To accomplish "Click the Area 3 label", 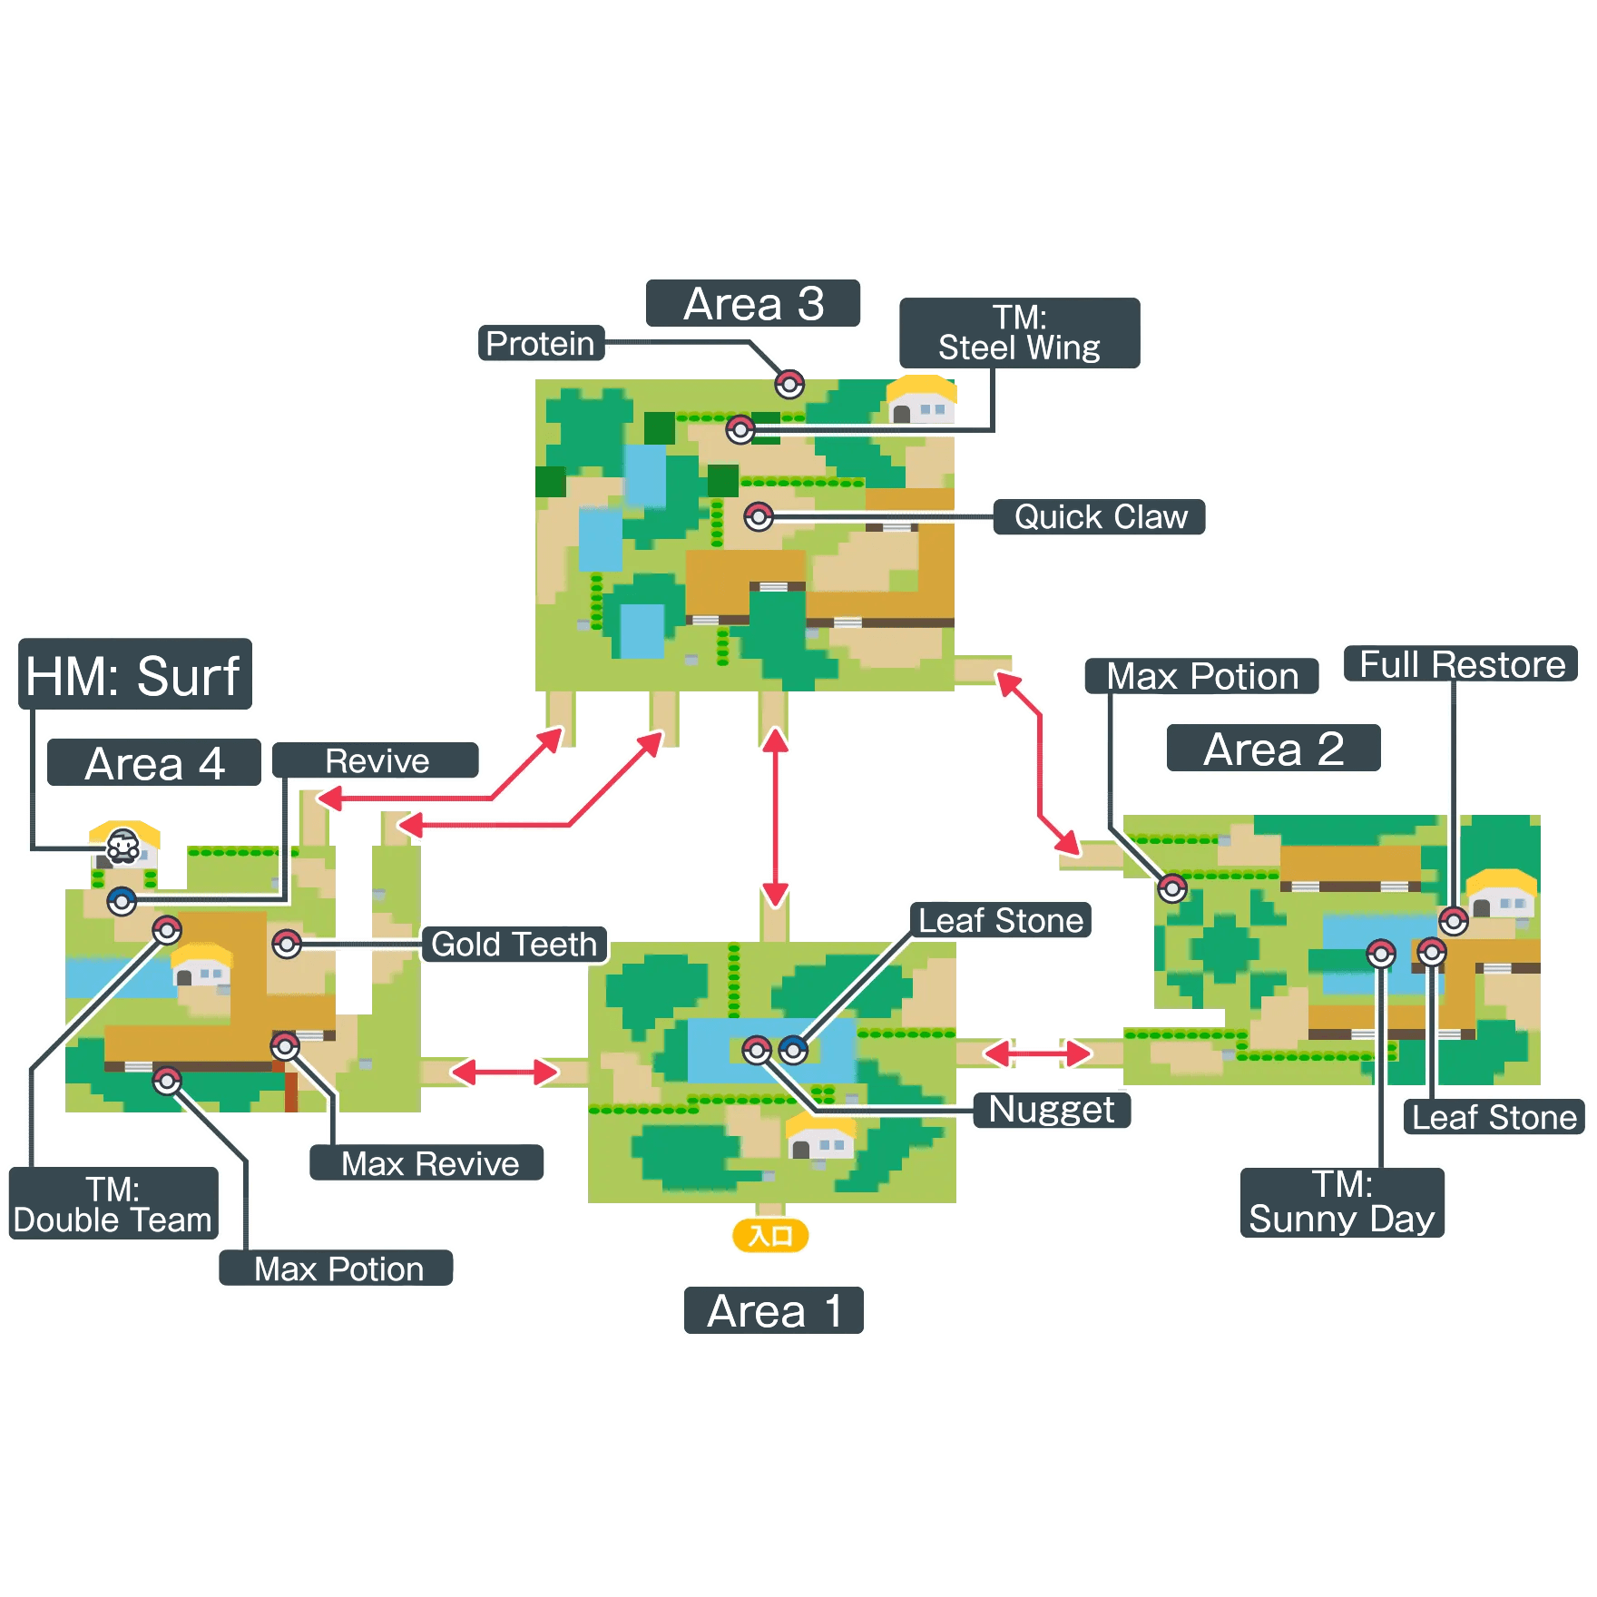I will click(753, 303).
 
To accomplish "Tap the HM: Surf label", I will click(134, 675).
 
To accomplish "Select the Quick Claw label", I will click(1100, 517).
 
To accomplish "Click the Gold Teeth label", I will click(514, 945).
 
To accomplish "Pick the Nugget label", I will click(1052, 1110).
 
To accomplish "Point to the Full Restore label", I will click(1462, 664).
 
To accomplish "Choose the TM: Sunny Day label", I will click(1342, 1202).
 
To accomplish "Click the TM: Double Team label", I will click(113, 1204).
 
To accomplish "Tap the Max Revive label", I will click(428, 1163).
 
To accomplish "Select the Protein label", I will click(541, 343).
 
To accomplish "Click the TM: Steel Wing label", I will click(1019, 333).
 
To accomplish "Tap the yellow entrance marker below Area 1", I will click(769, 1235).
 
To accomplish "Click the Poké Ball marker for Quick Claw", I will click(759, 517).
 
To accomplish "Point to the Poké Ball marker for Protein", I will click(789, 385).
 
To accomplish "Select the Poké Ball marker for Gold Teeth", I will click(287, 944).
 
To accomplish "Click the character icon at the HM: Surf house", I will click(123, 847).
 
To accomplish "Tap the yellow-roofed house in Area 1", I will click(819, 1137).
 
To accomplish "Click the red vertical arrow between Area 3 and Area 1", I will click(775, 817).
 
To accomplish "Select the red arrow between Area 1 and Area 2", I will click(1038, 1053).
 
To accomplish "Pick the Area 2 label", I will click(1273, 749).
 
